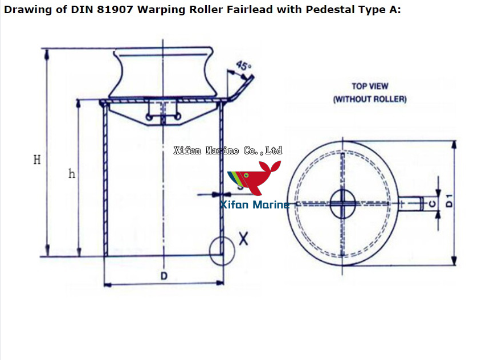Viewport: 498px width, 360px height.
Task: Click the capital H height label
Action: pos(37,160)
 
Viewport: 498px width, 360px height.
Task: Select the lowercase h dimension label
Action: pos(72,174)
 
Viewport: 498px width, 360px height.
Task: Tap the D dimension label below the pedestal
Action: pos(164,276)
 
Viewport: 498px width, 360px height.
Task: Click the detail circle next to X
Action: pos(221,249)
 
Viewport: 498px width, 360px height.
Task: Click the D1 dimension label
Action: pos(450,201)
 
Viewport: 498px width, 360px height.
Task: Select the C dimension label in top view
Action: pos(432,202)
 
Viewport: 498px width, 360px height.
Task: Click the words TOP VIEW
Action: pos(370,87)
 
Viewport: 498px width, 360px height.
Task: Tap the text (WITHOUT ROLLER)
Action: pos(370,99)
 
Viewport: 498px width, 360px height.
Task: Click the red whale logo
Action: pos(255,178)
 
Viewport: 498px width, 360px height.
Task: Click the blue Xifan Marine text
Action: pos(255,204)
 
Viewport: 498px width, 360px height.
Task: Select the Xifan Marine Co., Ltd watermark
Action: pos(227,150)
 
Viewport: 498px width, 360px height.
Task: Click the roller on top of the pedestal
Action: pos(164,73)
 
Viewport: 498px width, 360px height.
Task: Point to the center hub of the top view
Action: pos(342,203)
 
